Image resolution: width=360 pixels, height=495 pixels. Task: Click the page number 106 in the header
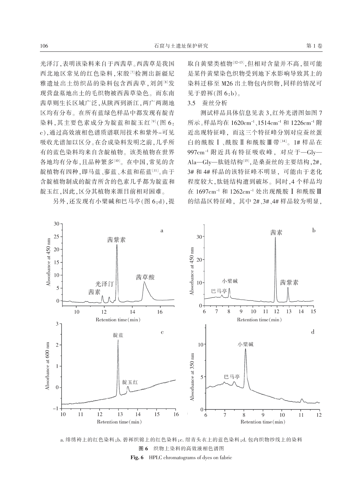(x=44, y=46)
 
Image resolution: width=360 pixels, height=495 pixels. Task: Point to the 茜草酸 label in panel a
(x=145, y=277)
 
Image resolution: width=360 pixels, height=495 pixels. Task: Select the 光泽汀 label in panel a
(x=105, y=284)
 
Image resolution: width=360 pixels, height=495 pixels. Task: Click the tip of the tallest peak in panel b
(x=275, y=237)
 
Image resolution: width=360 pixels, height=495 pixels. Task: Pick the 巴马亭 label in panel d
(x=232, y=377)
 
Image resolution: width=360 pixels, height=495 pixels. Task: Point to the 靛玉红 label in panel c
(x=130, y=382)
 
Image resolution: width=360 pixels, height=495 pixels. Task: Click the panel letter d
(x=313, y=332)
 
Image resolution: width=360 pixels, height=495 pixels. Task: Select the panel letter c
(x=162, y=332)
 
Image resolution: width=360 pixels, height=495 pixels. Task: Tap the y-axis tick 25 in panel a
(x=57, y=237)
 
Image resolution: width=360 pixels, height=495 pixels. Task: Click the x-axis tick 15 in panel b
(x=313, y=311)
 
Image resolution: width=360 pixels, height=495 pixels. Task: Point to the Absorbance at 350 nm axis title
(x=192, y=377)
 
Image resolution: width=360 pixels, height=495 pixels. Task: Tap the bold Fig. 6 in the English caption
(x=137, y=457)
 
